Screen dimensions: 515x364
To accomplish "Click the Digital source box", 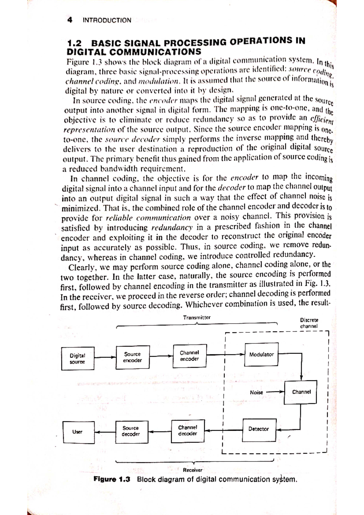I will pos(78,358).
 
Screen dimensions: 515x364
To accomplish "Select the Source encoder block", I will pos(133,357).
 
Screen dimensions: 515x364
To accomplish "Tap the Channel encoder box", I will pos(190,356).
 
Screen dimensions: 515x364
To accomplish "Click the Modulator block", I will pos(261,354).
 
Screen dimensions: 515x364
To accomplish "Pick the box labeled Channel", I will pos(301,392).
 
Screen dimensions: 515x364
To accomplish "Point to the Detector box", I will pos(259,429).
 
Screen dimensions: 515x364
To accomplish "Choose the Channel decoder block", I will pos(188,431).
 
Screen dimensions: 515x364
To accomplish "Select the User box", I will pos(79,432).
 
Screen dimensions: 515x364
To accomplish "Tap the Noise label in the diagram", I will pos(256,392).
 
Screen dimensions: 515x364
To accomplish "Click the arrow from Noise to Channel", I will pos(275,392).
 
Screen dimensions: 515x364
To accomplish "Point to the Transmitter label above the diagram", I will pos(197,318).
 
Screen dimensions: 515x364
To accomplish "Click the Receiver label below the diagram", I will pos(192,470).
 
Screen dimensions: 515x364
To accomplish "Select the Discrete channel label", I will pos(309,323).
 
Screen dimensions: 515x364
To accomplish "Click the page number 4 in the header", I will pos(70,20).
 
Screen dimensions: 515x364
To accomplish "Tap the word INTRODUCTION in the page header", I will pos(107,20).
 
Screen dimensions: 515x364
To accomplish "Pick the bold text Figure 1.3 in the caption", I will pos(112,480).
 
